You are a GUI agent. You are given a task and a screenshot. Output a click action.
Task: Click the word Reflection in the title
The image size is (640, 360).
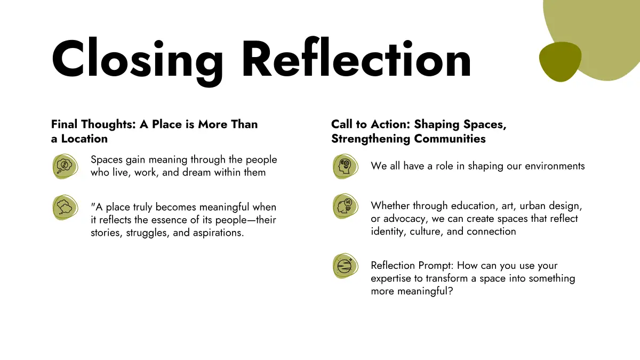pyautogui.click(x=357, y=57)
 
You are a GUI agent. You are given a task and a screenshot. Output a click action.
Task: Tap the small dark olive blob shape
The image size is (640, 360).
pyautogui.click(x=560, y=61)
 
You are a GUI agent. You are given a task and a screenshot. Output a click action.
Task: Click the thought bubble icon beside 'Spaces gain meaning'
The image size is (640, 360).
pyautogui.click(x=65, y=166)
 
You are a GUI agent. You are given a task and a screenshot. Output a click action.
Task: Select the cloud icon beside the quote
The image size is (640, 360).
pyautogui.click(x=65, y=207)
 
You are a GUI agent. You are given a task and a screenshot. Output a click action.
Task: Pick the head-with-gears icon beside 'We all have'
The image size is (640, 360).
pyautogui.click(x=346, y=166)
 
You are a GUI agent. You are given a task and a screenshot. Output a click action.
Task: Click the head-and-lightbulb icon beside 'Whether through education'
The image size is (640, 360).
pyautogui.click(x=346, y=206)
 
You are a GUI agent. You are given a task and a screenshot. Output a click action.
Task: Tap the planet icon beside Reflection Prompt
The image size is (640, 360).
pyautogui.click(x=346, y=266)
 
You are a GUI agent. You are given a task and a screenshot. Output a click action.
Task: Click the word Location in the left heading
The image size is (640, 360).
pyautogui.click(x=84, y=139)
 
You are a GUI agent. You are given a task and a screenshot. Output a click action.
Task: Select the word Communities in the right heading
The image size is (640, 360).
pyautogui.click(x=450, y=139)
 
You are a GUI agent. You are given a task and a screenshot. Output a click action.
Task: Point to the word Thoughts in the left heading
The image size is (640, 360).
pyautogui.click(x=109, y=125)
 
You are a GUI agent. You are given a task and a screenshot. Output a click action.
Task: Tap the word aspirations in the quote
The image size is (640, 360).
pyautogui.click(x=218, y=233)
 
